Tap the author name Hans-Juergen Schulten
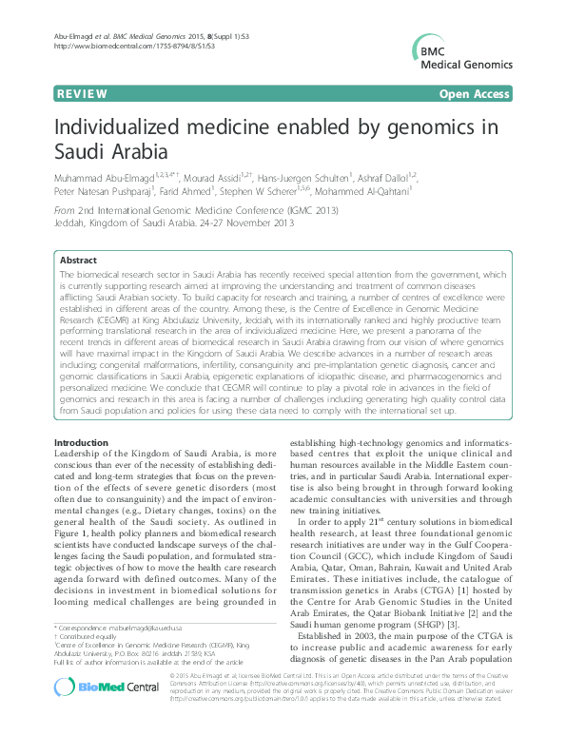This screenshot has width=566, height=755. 320,178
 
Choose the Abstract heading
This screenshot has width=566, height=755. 78,260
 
